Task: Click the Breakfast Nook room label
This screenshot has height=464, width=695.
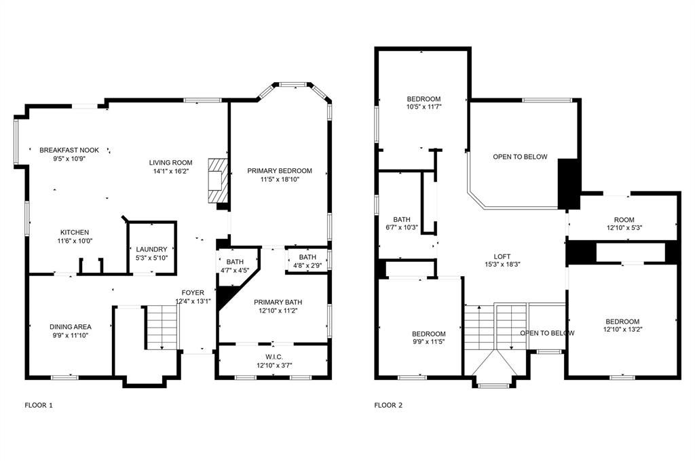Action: (69, 150)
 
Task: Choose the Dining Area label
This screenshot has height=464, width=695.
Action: (69, 327)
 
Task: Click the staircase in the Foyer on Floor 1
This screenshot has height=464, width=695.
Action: (162, 327)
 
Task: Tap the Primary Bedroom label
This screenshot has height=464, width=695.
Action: (279, 171)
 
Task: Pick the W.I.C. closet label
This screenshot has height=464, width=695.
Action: (273, 358)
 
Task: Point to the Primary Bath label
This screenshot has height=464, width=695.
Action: (278, 303)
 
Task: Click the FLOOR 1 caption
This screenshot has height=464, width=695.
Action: (38, 406)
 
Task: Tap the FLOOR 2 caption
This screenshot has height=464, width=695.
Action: (388, 406)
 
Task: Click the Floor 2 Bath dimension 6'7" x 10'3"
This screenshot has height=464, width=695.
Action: (402, 228)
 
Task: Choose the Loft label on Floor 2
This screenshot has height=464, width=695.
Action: (502, 256)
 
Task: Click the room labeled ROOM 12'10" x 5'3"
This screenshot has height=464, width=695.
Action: (623, 219)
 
